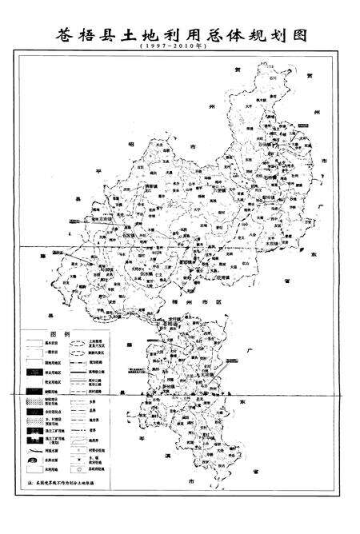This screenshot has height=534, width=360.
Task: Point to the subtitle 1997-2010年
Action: (x=181, y=48)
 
